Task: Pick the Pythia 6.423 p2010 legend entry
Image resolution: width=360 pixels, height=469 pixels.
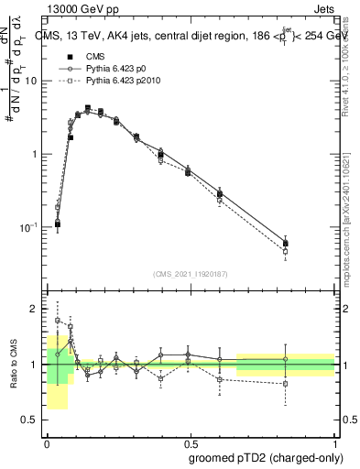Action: (124, 81)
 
